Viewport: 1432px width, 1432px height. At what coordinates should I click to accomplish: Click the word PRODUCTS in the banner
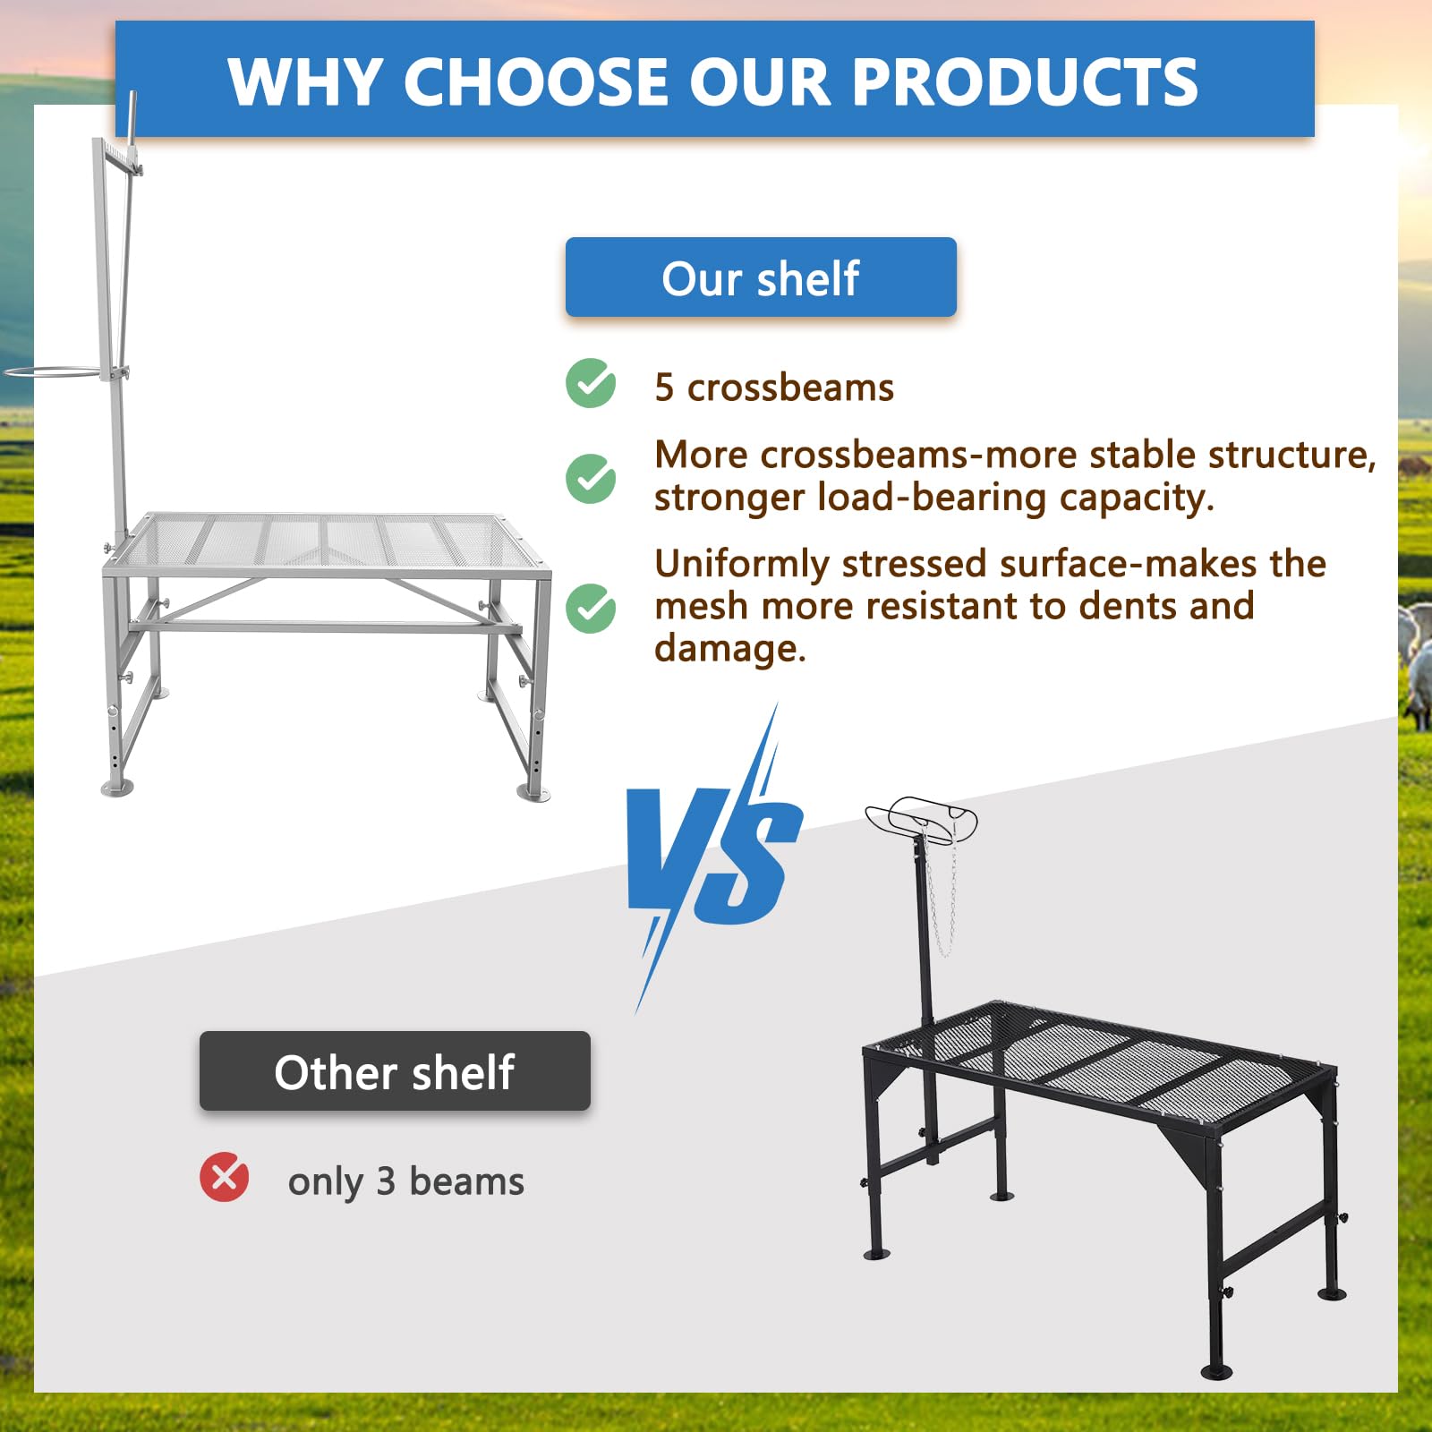(x=1025, y=81)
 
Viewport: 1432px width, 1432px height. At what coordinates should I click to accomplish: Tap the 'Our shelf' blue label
(x=761, y=277)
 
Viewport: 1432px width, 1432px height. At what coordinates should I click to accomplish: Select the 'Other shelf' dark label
(x=395, y=1071)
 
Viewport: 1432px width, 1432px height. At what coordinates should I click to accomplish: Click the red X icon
(x=224, y=1177)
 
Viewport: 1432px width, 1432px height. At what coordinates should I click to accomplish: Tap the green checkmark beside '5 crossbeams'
(x=591, y=383)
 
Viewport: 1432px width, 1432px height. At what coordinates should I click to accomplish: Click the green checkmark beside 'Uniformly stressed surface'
(x=591, y=609)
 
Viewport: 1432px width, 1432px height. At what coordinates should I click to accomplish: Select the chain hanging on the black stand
(x=942, y=895)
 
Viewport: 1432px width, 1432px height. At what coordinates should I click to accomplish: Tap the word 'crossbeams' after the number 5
(x=790, y=388)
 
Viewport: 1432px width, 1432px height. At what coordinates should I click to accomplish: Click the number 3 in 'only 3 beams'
(x=386, y=1181)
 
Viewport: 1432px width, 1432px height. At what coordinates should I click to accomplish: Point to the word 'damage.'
(x=730, y=648)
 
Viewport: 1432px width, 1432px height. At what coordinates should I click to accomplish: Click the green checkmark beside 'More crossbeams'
(x=591, y=478)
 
